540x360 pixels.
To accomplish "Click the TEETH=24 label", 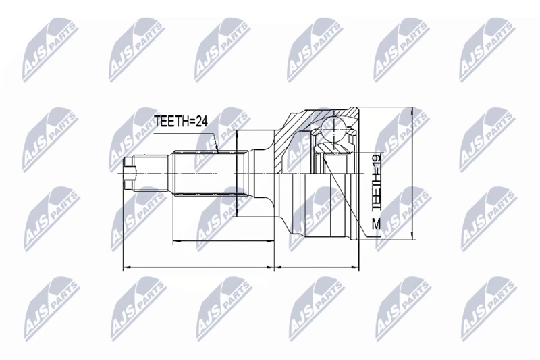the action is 180,122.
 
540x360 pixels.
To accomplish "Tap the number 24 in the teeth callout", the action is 200,122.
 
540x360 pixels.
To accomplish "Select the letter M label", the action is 376,225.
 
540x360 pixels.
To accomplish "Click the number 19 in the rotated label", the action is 376,161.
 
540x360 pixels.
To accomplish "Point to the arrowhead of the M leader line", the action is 325,159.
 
